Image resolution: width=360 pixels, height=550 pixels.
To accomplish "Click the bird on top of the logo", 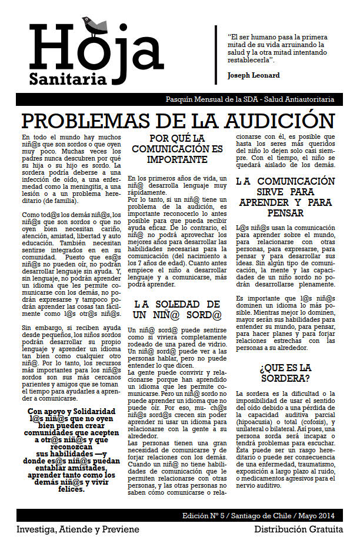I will (95, 24).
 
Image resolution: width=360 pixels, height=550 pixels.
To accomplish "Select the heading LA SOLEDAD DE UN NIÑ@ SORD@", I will (177, 311).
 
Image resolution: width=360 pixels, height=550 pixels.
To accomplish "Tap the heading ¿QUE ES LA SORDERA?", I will (285, 373).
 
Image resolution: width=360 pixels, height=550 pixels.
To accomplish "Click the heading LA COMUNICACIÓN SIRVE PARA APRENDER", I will (285, 196).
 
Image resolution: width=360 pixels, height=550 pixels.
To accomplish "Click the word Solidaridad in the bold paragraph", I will (93, 412).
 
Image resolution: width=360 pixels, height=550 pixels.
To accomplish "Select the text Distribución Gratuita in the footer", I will (298, 529).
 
